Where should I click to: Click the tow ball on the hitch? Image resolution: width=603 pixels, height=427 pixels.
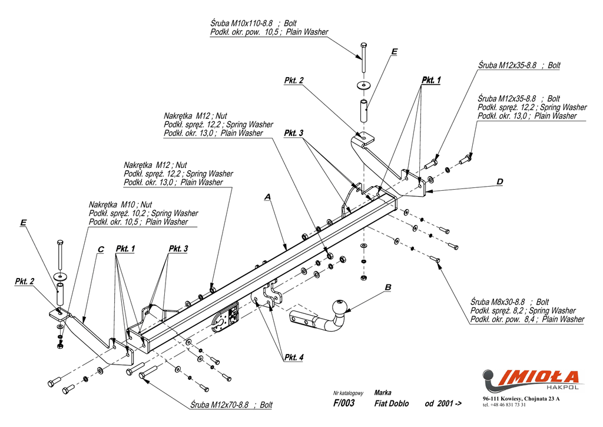339,307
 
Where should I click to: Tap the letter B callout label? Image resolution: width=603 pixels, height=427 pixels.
387,287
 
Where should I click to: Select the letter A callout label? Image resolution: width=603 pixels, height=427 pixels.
267,197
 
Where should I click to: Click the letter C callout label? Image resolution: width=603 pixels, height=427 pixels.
100,250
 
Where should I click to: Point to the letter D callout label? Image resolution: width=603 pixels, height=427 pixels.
499,182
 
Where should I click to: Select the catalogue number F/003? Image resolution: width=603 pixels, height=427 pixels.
344,403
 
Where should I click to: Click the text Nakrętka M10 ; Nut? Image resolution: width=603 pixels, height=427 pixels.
120,204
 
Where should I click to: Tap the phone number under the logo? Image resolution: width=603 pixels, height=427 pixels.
504,405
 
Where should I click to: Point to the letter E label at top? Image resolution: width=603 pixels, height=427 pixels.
394,52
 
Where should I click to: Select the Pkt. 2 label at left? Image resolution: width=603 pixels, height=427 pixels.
25,282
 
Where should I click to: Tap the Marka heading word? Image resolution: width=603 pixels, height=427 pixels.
383,392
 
